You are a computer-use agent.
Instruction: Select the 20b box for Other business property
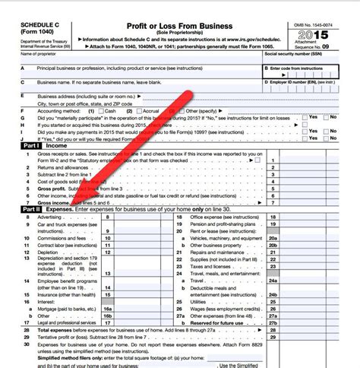point(273,246)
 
